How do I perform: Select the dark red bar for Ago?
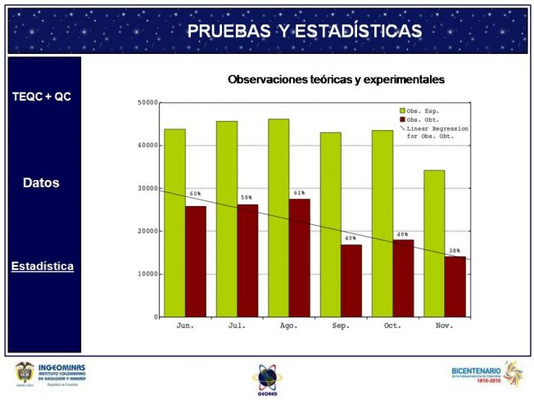(300, 258)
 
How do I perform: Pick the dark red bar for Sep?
(351, 281)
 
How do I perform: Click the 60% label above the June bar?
(195, 194)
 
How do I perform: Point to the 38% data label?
(455, 250)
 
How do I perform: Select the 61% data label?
(299, 193)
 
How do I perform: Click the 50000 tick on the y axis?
(147, 103)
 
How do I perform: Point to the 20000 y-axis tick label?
(147, 231)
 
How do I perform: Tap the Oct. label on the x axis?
(392, 326)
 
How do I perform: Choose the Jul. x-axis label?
(237, 326)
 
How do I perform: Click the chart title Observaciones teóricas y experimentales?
(336, 80)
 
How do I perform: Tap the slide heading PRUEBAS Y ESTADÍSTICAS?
(305, 31)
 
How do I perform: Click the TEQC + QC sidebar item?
(42, 97)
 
